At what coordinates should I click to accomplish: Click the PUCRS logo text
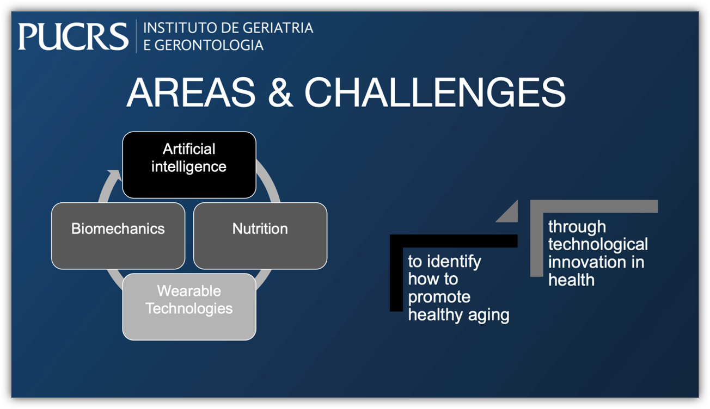click(x=73, y=36)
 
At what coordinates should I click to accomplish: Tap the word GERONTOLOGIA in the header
click(x=209, y=45)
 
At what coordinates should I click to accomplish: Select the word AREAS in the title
click(x=191, y=92)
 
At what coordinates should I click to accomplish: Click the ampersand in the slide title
click(x=280, y=92)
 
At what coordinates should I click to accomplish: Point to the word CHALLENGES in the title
click(x=435, y=92)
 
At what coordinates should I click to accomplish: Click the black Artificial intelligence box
click(x=189, y=165)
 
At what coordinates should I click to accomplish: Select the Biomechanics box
click(x=118, y=236)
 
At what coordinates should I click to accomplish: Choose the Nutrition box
click(x=260, y=236)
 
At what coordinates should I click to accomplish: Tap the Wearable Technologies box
click(x=189, y=307)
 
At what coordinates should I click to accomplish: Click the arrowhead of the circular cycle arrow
click(x=114, y=175)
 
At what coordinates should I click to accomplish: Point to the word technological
click(x=598, y=244)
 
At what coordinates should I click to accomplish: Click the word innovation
click(x=587, y=262)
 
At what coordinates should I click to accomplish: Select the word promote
click(x=439, y=298)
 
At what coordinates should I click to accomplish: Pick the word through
click(x=577, y=227)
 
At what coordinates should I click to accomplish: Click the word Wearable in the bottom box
click(x=189, y=290)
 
